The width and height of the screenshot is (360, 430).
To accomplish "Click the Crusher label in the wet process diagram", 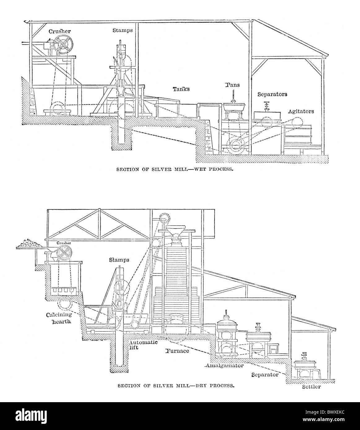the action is pyautogui.click(x=59, y=31).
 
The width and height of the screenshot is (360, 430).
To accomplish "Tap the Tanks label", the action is pyautogui.click(x=181, y=89).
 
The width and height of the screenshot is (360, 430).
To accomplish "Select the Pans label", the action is pyautogui.click(x=232, y=85).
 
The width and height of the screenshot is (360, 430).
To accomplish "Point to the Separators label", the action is pyautogui.click(x=272, y=94).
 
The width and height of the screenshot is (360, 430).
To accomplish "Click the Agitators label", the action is pyautogui.click(x=301, y=111).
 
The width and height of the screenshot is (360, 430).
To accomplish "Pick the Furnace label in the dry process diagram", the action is pyautogui.click(x=177, y=351).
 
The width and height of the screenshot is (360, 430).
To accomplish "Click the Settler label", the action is pyautogui.click(x=311, y=387).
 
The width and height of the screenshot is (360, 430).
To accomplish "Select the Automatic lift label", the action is pyautogui.click(x=143, y=345).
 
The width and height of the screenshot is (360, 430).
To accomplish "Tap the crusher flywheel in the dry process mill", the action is pyautogui.click(x=64, y=254).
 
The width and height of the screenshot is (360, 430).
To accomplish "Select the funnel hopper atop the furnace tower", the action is pyautogui.click(x=176, y=230).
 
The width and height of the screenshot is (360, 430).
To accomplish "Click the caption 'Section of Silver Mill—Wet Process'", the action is pyautogui.click(x=175, y=170).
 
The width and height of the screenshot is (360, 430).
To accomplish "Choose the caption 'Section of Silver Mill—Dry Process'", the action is pyautogui.click(x=176, y=385).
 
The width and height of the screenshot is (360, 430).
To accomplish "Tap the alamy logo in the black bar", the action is pyautogui.click(x=31, y=415).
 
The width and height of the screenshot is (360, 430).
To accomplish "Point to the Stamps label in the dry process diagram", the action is pyautogui.click(x=119, y=260).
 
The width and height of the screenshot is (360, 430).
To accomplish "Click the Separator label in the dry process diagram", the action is pyautogui.click(x=265, y=375).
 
